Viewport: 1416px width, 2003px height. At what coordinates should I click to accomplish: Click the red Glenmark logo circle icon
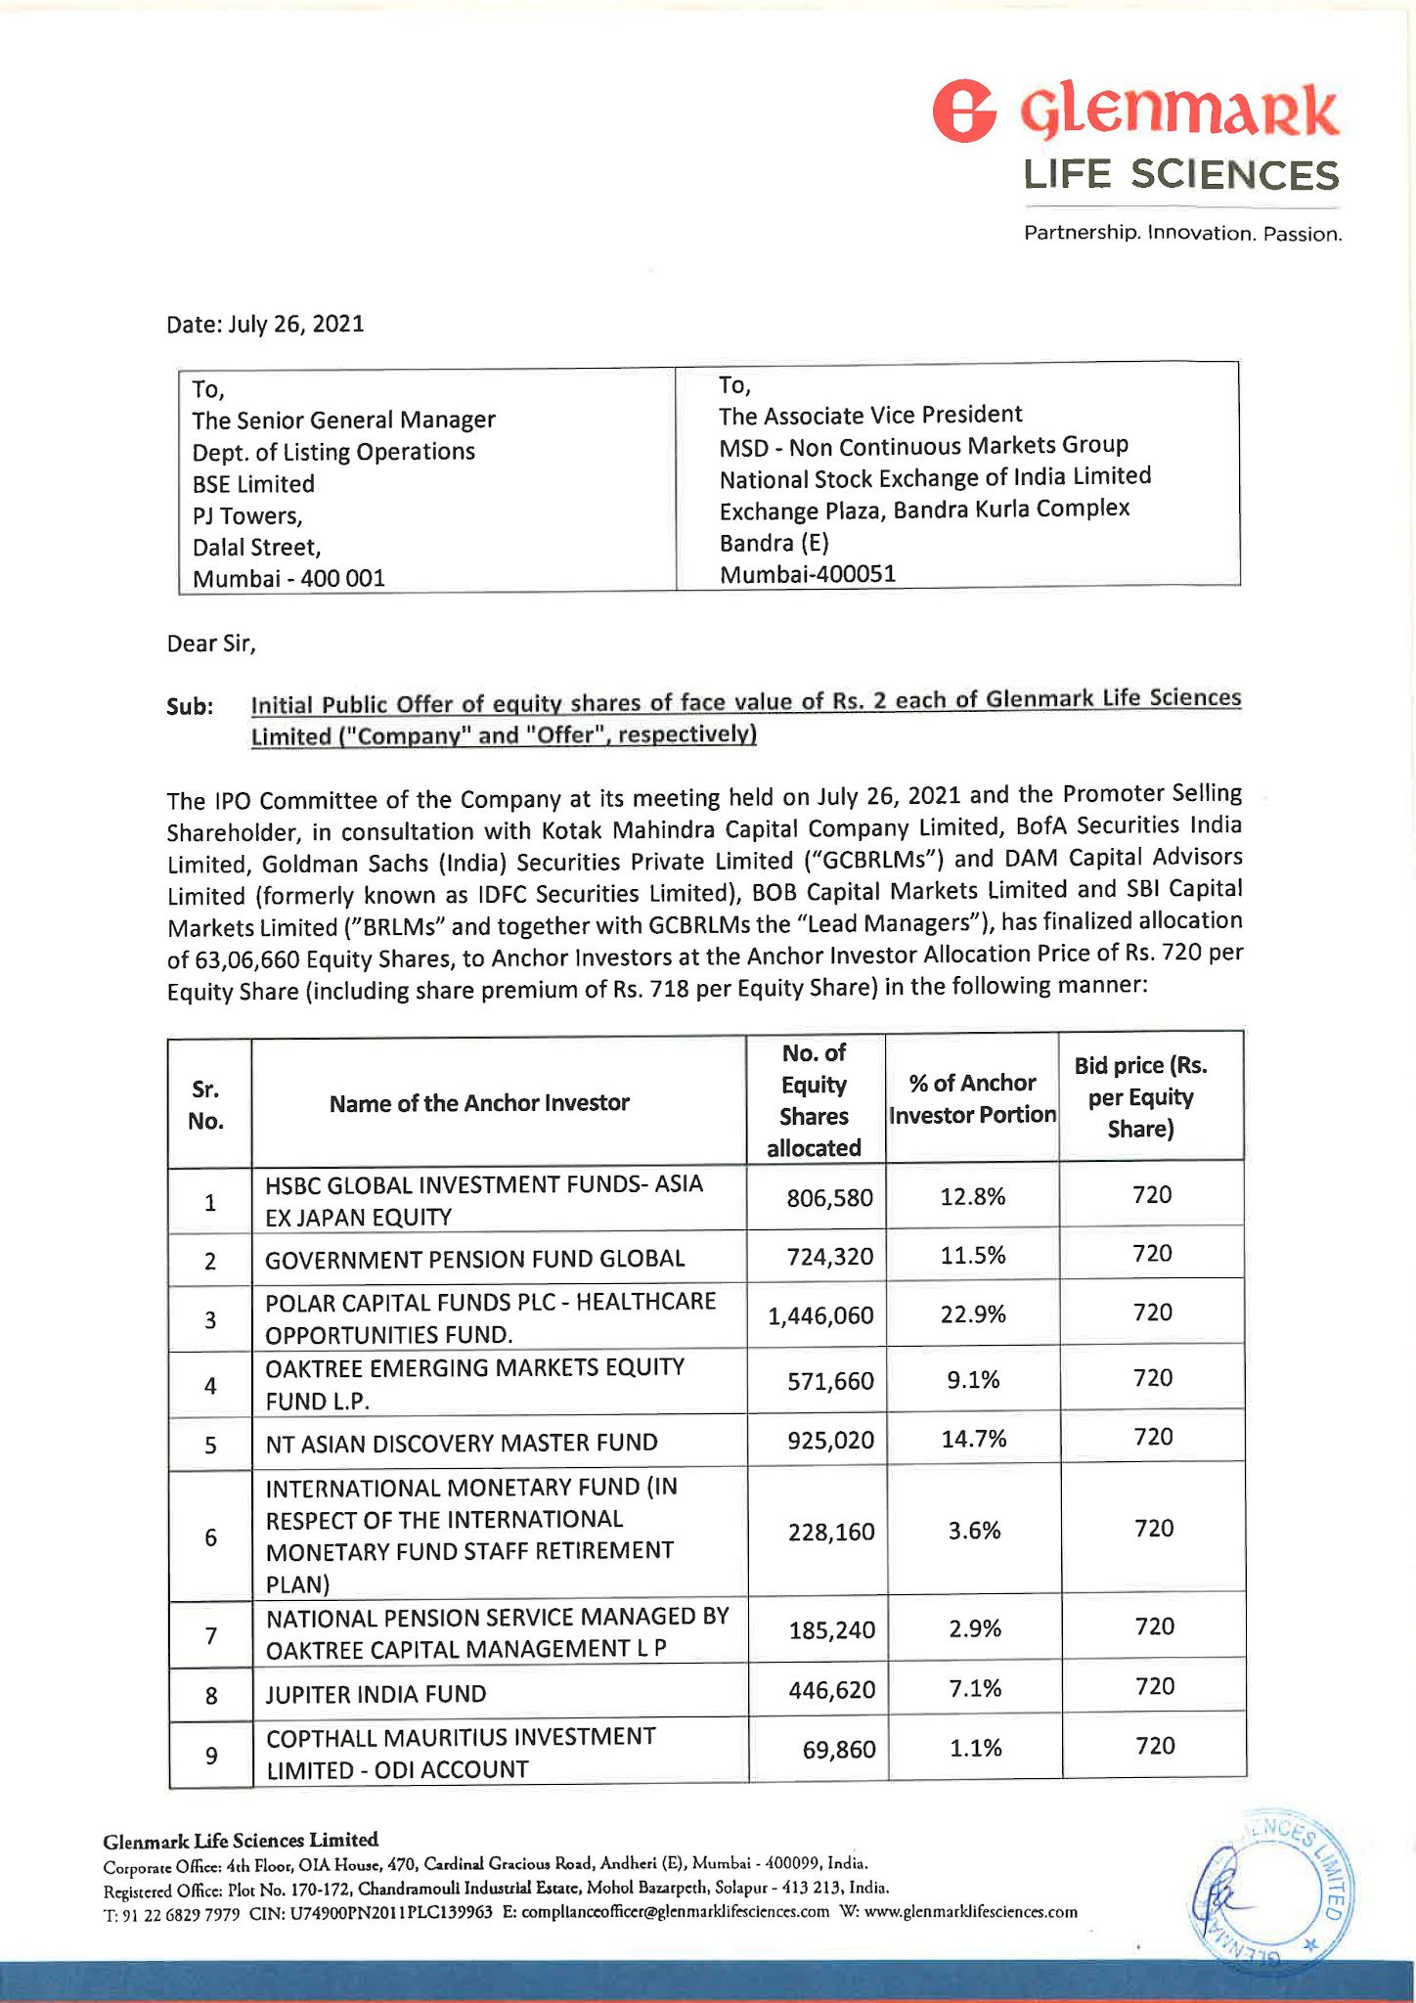point(964,112)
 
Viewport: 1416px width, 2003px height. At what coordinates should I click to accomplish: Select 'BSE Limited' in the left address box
point(253,484)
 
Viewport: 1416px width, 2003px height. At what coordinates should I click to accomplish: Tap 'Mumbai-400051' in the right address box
point(808,574)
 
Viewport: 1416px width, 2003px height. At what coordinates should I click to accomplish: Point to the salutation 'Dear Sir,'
point(211,644)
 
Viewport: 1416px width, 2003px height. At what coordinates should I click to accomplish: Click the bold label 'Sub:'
point(190,706)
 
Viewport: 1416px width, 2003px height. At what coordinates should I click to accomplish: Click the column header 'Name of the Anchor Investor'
point(479,1103)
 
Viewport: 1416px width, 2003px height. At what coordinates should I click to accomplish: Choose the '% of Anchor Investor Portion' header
point(972,1099)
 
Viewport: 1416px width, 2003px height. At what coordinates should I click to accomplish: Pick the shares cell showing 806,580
point(829,1198)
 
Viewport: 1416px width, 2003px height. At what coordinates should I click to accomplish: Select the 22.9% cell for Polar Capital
point(973,1314)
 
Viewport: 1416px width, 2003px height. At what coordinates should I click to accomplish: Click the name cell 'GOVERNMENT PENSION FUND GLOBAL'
point(475,1260)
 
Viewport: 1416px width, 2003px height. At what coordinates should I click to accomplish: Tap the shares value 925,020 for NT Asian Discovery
point(830,1442)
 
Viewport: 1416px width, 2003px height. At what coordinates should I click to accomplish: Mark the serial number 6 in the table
point(211,1537)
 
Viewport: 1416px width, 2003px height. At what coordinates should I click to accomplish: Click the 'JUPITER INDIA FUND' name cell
point(376,1694)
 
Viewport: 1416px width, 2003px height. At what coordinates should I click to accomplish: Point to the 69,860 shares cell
point(839,1750)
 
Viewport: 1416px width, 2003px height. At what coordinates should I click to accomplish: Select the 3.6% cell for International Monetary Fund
point(974,1531)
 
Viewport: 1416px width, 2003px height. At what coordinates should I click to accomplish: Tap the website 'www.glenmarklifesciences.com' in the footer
point(971,1912)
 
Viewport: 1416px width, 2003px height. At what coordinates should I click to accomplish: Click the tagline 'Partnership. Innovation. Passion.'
point(1182,234)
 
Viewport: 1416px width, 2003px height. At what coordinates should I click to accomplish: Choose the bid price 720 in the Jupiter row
point(1154,1686)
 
